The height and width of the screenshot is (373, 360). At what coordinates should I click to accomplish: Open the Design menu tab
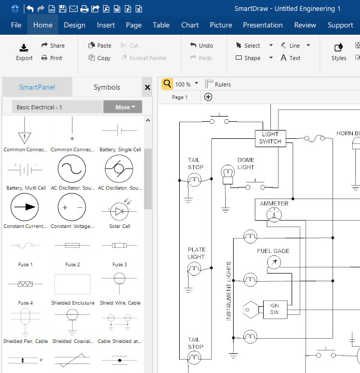(x=75, y=25)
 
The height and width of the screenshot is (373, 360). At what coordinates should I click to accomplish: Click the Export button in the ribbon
(x=24, y=52)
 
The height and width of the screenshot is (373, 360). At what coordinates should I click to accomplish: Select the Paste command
(x=99, y=46)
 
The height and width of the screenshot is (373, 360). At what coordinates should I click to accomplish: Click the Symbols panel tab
(x=107, y=87)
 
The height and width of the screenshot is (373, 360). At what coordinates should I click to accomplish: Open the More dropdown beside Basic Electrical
(x=123, y=107)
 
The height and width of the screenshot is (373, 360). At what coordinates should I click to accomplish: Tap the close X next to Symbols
(x=147, y=88)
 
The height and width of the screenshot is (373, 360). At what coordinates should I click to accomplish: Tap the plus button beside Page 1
(x=208, y=97)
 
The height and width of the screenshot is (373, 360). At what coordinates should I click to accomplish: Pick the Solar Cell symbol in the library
(x=119, y=211)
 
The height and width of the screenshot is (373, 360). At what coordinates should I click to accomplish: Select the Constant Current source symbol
(x=24, y=207)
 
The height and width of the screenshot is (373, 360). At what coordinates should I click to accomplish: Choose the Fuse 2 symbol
(x=72, y=246)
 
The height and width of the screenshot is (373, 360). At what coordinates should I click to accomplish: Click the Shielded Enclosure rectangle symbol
(x=72, y=284)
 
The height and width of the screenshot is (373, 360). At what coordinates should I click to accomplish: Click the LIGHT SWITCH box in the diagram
(x=270, y=138)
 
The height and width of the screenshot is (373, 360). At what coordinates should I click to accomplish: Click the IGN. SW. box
(x=275, y=310)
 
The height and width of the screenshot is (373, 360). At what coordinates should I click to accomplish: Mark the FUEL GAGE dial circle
(x=273, y=263)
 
